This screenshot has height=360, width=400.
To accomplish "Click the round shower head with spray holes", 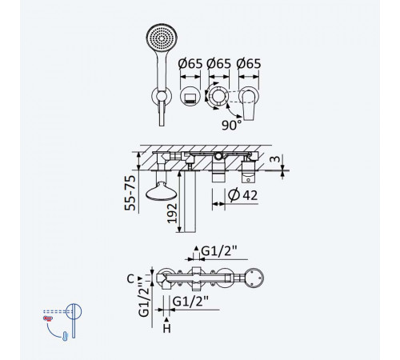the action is (x=162, y=38).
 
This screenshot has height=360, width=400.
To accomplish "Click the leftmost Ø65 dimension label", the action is (x=190, y=64).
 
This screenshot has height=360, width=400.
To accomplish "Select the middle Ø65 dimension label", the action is (x=219, y=64).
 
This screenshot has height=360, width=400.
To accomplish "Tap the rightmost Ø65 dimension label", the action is (x=249, y=64).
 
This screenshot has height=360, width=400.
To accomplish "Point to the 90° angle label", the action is (x=231, y=125).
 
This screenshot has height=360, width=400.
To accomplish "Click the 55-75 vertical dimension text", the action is (x=130, y=193).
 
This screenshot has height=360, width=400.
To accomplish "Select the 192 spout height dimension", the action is (x=172, y=214).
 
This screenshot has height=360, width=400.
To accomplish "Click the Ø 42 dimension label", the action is (x=243, y=194).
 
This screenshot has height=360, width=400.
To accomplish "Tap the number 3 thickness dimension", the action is (x=275, y=159).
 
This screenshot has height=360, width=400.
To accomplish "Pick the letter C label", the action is (x=130, y=279).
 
